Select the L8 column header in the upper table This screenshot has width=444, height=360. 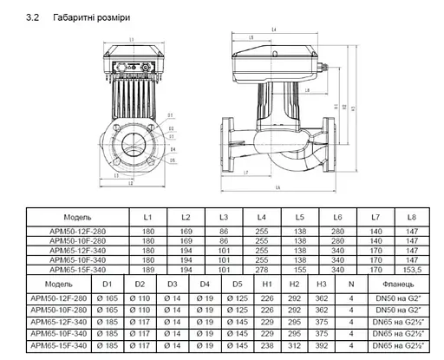(412, 217)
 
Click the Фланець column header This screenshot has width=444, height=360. (395, 284)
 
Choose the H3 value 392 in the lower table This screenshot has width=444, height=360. (321, 346)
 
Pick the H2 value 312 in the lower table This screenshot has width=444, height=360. (294, 346)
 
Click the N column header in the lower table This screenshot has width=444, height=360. (350, 284)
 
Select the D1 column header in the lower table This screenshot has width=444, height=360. (108, 284)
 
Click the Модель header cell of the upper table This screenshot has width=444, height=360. (78, 217)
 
